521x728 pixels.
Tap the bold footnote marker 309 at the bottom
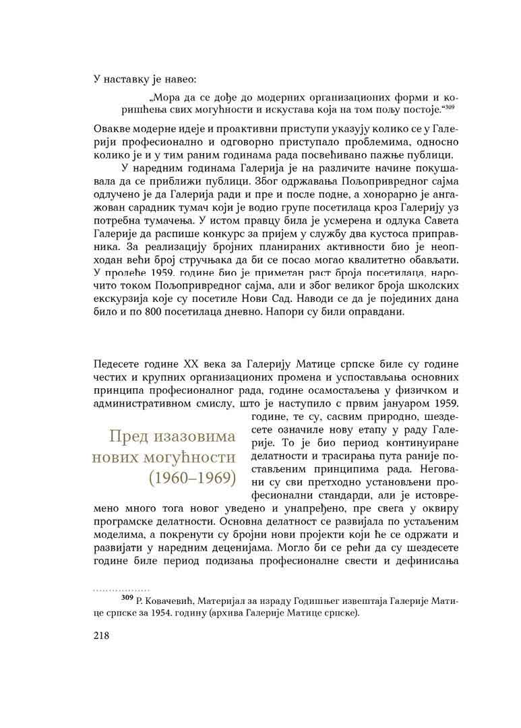126,597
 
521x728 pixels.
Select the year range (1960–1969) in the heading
191,478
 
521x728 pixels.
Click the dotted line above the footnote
121,590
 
